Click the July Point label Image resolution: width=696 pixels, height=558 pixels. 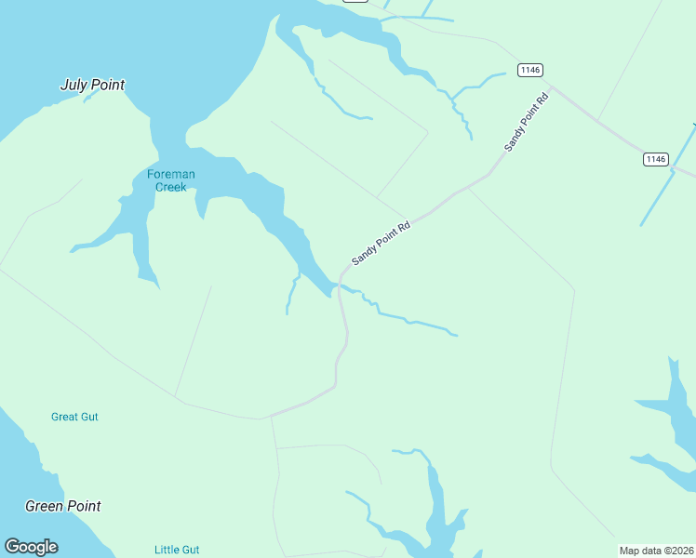[92, 86]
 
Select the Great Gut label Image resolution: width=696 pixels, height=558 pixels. [74, 417]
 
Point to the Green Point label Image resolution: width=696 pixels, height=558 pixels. [63, 507]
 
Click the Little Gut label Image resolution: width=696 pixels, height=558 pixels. [177, 550]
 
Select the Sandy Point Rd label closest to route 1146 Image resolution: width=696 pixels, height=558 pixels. [527, 122]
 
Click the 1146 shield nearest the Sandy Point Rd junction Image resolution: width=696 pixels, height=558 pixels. [530, 70]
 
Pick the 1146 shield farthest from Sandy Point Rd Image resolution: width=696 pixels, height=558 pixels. [656, 159]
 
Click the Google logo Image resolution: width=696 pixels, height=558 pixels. [32, 547]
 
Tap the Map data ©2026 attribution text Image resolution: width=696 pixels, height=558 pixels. [656, 551]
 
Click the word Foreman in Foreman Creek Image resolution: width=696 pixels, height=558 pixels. [171, 174]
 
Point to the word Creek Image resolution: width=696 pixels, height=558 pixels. [171, 187]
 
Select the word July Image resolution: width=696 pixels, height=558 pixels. [74, 86]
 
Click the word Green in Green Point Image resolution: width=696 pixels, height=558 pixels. [45, 507]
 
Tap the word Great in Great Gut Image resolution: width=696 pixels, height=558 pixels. [65, 417]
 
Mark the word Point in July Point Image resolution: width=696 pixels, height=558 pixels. [108, 86]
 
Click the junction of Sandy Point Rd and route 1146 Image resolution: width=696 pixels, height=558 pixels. [552, 89]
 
